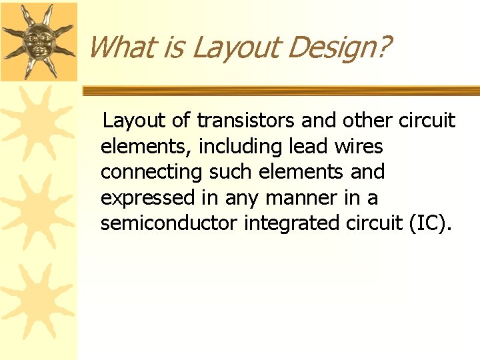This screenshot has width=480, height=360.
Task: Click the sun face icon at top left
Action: click(38, 40)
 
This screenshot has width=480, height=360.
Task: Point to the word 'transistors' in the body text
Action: click(246, 121)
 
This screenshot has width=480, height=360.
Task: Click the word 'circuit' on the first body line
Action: click(427, 121)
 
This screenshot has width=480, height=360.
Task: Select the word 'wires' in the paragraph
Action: click(360, 146)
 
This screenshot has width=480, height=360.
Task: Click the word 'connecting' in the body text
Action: click(151, 172)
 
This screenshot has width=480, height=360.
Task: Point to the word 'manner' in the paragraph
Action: click(293, 198)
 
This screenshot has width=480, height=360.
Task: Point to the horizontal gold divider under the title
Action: click(280, 90)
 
